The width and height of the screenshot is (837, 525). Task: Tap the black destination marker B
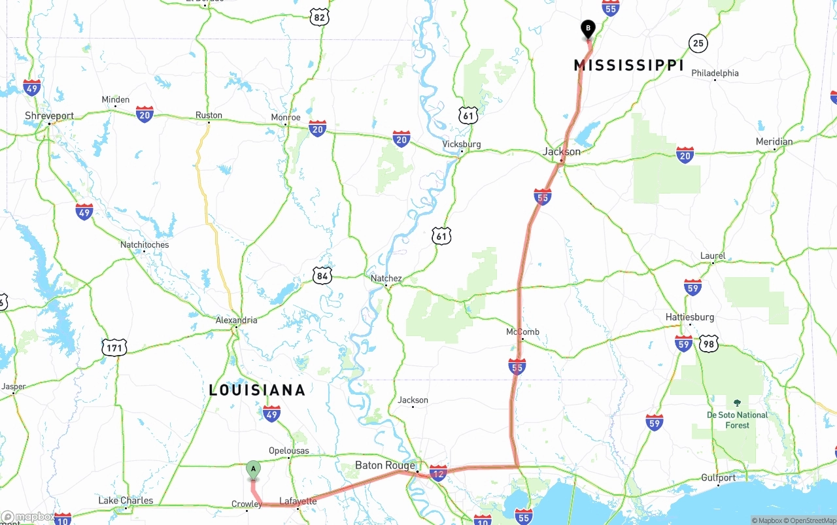click(x=588, y=29)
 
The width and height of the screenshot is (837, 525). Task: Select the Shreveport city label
click(x=49, y=116)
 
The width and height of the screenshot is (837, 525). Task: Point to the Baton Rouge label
click(x=384, y=466)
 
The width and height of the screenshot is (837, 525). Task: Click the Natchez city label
click(x=386, y=279)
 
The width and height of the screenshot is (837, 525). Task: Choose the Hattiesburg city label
click(x=689, y=317)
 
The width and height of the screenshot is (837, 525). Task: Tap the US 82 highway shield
click(x=318, y=17)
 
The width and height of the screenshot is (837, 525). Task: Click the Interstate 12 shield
click(x=438, y=473)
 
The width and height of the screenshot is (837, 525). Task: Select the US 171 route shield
click(x=114, y=348)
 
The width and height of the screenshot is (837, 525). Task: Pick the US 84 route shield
click(x=322, y=276)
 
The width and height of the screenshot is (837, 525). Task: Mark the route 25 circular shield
click(x=698, y=44)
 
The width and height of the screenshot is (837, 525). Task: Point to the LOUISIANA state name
click(x=257, y=390)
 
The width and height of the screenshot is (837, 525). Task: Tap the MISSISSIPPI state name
click(x=628, y=65)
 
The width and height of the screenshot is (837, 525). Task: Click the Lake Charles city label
click(x=126, y=501)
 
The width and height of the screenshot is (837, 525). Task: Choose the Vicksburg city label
click(x=461, y=144)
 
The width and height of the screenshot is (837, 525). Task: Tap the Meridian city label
click(x=774, y=142)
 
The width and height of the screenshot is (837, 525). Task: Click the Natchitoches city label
click(x=145, y=245)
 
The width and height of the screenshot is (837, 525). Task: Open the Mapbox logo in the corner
click(x=29, y=517)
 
